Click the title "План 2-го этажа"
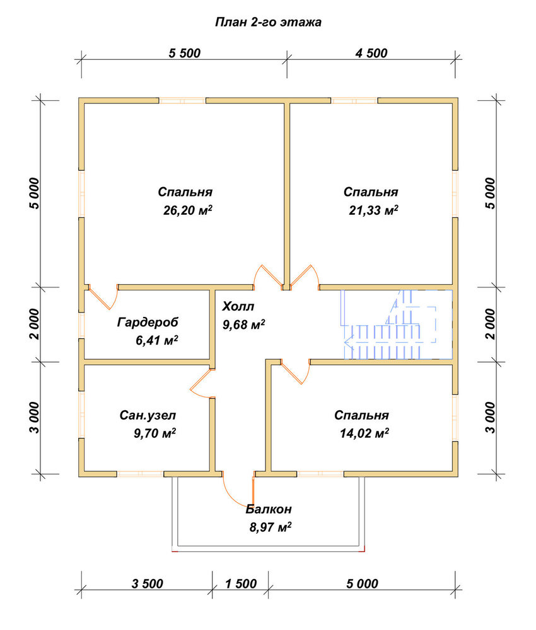pyautogui.click(x=268, y=22)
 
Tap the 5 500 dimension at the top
pyautogui.click(x=185, y=53)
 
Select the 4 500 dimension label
pyautogui.click(x=371, y=53)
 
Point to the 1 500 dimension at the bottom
pyautogui.click(x=240, y=583)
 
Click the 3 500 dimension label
pyautogui.click(x=147, y=583)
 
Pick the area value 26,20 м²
pyautogui.click(x=187, y=210)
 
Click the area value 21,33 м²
pyautogui.click(x=373, y=210)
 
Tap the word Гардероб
pyautogui.click(x=148, y=322)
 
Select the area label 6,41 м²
pyautogui.click(x=157, y=340)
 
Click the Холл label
pyautogui.click(x=238, y=307)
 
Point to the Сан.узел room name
pyautogui.click(x=148, y=415)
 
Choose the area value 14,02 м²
pyautogui.click(x=364, y=433)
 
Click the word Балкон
pyautogui.click(x=269, y=510)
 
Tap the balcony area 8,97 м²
pyautogui.click(x=271, y=527)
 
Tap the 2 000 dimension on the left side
pyautogui.click(x=35, y=324)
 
